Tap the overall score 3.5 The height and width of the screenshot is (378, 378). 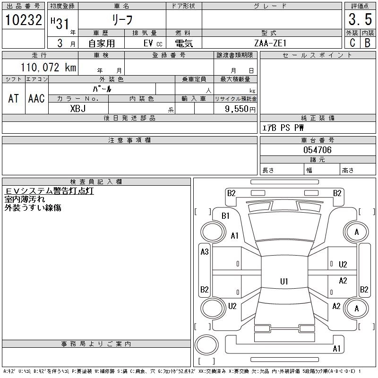(360, 20)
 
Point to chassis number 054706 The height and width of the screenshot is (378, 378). (317, 150)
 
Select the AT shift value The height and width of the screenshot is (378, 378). (14, 98)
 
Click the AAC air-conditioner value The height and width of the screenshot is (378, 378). (36, 98)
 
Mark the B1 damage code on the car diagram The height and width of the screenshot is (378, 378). (225, 215)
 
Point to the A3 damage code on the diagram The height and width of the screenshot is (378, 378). (205, 252)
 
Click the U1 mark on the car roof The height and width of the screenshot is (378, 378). (284, 281)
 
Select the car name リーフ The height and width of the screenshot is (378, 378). (122, 20)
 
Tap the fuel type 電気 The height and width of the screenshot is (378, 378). (183, 43)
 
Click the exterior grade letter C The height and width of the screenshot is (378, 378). (352, 43)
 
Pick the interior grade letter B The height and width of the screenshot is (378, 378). (367, 43)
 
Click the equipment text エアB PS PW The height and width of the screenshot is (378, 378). (283, 128)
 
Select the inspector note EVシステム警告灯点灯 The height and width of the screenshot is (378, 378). (50, 191)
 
